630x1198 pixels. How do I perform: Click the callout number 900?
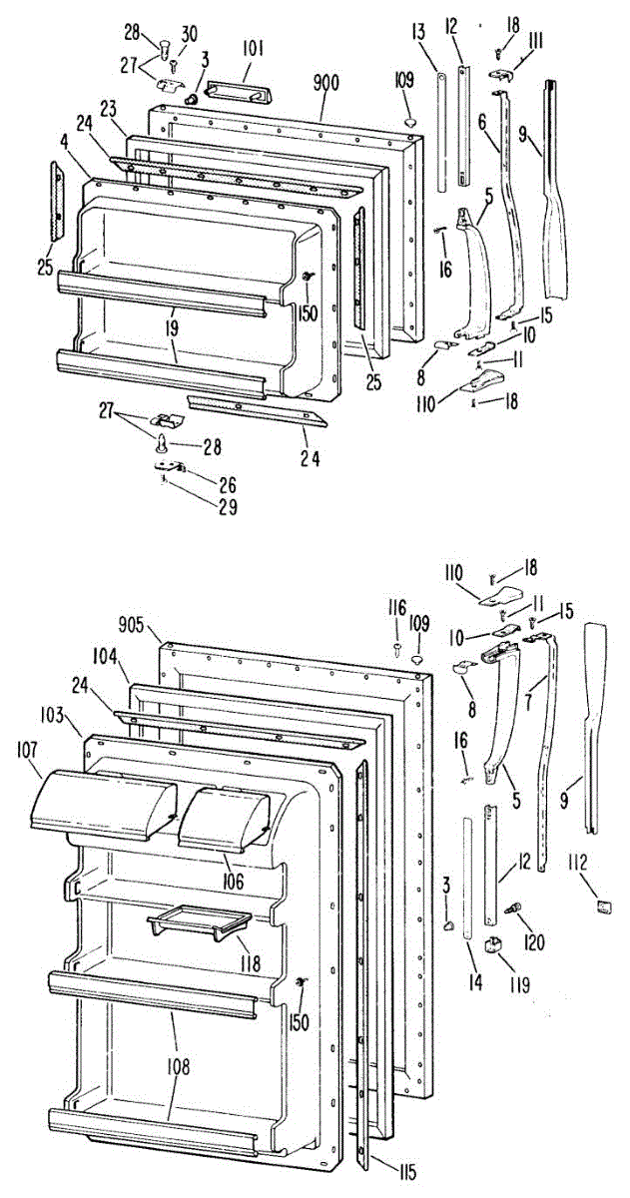coord(326,83)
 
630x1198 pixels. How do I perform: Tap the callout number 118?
coord(249,964)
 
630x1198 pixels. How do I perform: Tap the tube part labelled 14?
coord(467,879)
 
